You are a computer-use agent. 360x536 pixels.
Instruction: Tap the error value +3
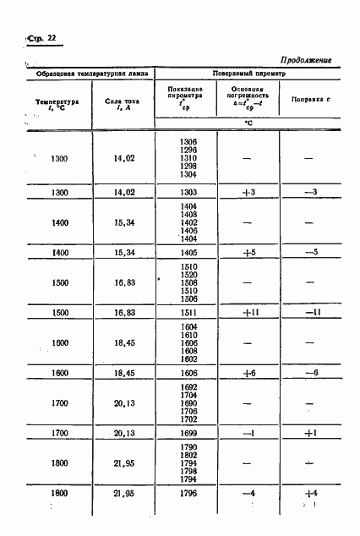[248, 193]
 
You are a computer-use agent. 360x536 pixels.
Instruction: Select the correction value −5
[309, 253]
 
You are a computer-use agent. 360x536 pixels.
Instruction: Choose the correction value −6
[309, 373]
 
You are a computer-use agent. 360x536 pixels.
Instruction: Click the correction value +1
[309, 433]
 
